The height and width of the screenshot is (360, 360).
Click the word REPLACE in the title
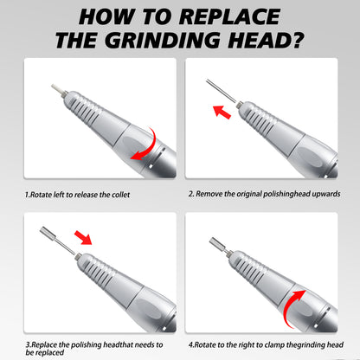click(x=229, y=16)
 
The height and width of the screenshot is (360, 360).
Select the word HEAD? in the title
click(x=266, y=40)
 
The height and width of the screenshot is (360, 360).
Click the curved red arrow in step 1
click(x=145, y=145)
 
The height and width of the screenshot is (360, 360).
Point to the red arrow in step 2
click(x=222, y=112)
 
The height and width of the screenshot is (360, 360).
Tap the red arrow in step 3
click(x=83, y=237)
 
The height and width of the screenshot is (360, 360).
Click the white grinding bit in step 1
click(x=57, y=89)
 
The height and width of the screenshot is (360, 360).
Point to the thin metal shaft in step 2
click(x=221, y=91)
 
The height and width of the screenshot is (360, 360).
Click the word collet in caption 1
click(x=120, y=195)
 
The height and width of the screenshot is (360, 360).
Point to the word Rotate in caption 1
click(x=41, y=195)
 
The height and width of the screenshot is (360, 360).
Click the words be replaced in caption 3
click(x=45, y=352)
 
